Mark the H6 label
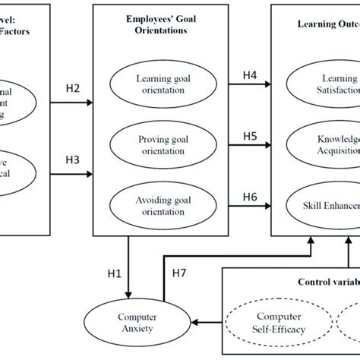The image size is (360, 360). tap(249, 197)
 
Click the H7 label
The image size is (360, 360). tap(179, 272)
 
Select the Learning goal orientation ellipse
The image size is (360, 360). tap(159, 84)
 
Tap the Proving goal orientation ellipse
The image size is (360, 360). tap(159, 144)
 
